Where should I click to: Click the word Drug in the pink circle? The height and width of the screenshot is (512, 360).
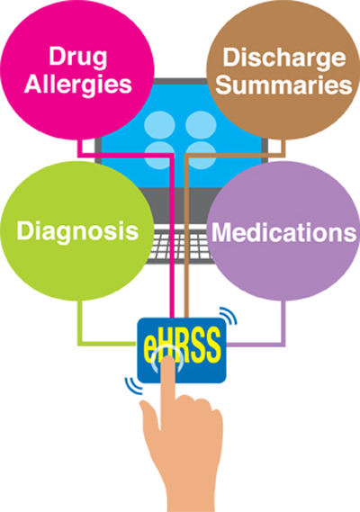(x=77, y=58)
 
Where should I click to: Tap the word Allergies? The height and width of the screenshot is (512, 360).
(x=77, y=85)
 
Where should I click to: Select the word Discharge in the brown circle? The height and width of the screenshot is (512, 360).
(x=283, y=58)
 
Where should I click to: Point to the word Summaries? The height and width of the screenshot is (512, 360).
(x=283, y=85)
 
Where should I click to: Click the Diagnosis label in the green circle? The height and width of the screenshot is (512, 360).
(x=77, y=231)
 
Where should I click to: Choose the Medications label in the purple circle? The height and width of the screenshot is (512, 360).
(x=283, y=232)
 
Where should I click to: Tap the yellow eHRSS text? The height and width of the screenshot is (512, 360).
(x=182, y=345)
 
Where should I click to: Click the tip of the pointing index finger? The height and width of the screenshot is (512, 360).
(x=168, y=357)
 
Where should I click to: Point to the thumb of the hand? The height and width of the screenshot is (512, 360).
(x=148, y=413)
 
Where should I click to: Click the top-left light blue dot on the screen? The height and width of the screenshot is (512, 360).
(x=159, y=125)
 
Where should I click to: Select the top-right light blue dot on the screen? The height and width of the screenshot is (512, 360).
(x=201, y=125)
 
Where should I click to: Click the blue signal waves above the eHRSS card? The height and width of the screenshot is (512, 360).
(x=229, y=316)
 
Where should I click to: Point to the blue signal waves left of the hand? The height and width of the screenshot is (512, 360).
(x=133, y=385)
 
